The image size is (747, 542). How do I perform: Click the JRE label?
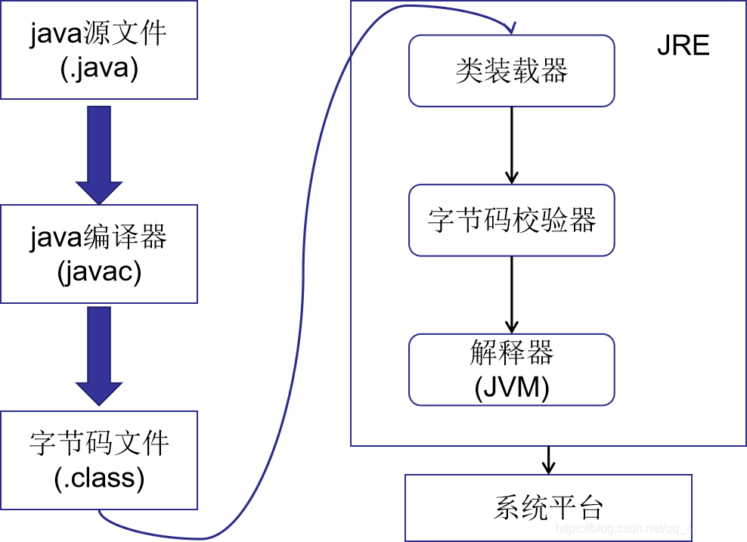pyautogui.click(x=683, y=46)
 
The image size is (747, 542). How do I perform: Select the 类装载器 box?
pyautogui.click(x=511, y=72)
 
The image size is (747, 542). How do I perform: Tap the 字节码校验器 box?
pyautogui.click(x=511, y=220)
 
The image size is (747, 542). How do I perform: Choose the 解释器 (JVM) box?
pyautogui.click(x=511, y=370)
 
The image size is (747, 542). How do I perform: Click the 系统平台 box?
pyautogui.click(x=548, y=507)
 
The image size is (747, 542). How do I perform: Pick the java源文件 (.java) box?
pyautogui.click(x=98, y=50)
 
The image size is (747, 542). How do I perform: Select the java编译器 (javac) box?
pyautogui.click(x=98, y=253)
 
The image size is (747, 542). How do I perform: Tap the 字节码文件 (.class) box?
pyautogui.click(x=98, y=460)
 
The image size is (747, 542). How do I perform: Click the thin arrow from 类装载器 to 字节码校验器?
pyautogui.click(x=512, y=144)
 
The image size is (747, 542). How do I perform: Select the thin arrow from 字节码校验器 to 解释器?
pyautogui.click(x=512, y=295)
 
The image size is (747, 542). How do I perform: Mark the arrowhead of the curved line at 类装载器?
pyautogui.click(x=512, y=29)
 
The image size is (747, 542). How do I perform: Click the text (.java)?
pyautogui.click(x=98, y=70)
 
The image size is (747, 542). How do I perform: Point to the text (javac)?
pyautogui.click(x=99, y=272)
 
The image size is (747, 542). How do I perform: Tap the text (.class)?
pyautogui.click(x=99, y=479)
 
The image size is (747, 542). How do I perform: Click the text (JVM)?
pyautogui.click(x=512, y=387)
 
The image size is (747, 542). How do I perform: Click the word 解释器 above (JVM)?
pyautogui.click(x=512, y=352)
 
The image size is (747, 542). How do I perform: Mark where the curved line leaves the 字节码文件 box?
pyautogui.click(x=99, y=512)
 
